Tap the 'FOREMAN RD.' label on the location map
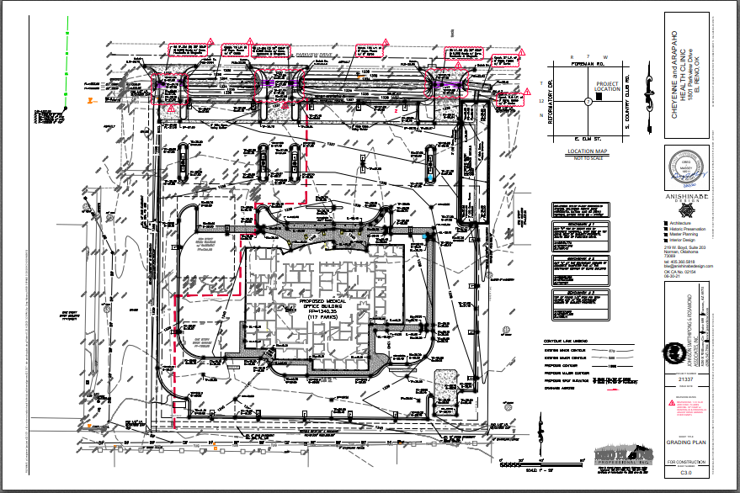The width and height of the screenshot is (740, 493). pos(589,63)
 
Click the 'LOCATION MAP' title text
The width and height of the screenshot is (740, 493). pos(588,151)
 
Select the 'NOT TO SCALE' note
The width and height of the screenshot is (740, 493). pos(588,158)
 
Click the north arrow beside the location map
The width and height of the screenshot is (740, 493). pos(542,101)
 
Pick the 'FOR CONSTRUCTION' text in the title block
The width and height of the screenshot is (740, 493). pos(683,464)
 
